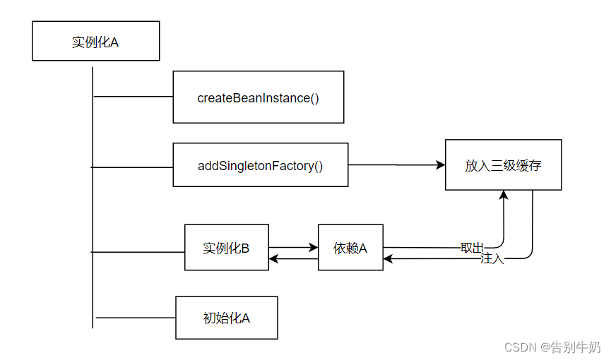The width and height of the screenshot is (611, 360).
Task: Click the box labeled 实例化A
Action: [95, 41]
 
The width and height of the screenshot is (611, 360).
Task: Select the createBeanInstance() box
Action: [258, 97]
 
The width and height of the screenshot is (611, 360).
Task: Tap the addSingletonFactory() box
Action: [260, 166]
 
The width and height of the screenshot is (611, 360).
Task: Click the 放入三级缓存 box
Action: [503, 165]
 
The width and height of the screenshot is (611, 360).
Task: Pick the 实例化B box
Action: [226, 248]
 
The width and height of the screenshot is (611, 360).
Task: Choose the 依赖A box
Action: [350, 248]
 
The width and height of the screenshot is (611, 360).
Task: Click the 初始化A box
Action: [226, 318]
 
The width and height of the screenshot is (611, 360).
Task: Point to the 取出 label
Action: [472, 247]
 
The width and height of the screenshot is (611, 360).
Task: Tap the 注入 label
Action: [492, 259]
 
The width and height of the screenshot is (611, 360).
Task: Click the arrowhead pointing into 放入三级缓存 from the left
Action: [441, 165]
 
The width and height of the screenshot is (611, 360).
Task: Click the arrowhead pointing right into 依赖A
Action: [314, 248]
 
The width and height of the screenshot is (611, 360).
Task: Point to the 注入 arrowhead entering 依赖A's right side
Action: [388, 259]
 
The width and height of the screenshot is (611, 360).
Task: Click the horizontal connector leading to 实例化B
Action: [138, 251]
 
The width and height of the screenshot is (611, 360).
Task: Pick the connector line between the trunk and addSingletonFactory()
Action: [133, 167]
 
